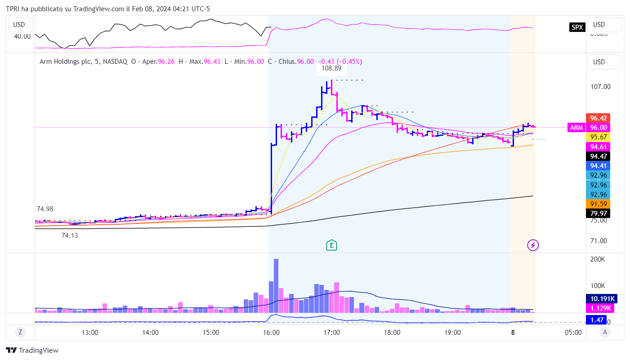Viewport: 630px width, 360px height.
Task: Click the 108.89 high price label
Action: tap(331, 69)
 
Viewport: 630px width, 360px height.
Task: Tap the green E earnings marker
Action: tap(331, 245)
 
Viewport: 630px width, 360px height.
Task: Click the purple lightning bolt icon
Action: tap(533, 245)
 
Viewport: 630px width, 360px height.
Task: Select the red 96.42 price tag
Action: tap(599, 118)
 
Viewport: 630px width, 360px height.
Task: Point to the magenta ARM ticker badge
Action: tap(576, 128)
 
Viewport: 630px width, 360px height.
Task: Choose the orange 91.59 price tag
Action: tap(599, 204)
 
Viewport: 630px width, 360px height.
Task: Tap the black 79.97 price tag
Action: tap(599, 213)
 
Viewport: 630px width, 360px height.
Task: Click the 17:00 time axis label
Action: tap(331, 333)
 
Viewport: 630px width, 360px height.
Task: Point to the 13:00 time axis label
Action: tap(90, 333)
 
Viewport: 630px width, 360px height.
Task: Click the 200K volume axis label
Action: tap(598, 260)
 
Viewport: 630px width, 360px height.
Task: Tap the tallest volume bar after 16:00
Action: tap(276, 286)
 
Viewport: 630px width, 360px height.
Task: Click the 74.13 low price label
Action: tap(70, 235)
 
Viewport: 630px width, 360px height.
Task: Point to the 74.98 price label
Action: tap(45, 209)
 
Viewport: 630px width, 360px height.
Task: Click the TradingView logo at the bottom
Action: tap(32, 351)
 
